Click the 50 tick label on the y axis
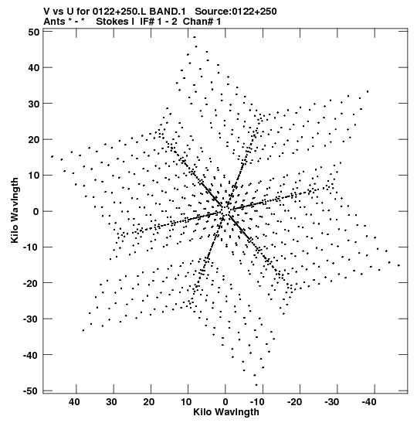[34, 32]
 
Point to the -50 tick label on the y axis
[31, 391]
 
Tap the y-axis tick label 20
[34, 140]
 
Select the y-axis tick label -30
[31, 319]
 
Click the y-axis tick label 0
[36, 212]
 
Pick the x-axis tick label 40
[74, 402]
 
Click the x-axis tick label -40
[369, 402]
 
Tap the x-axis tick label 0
[225, 402]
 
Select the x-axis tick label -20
[294, 402]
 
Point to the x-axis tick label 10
[186, 402]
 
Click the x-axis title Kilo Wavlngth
[226, 412]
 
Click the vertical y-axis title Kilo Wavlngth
[15, 210]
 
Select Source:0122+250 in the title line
[236, 12]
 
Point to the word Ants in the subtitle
[54, 22]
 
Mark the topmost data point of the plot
[195, 37]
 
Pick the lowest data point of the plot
[256, 385]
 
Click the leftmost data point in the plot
[52, 156]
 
